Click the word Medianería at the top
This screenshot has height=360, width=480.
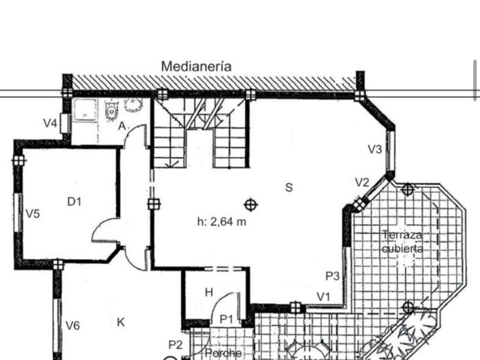[196, 67]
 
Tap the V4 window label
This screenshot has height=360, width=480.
[50, 124]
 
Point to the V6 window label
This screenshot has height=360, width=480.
[73, 326]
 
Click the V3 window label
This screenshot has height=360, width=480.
[375, 149]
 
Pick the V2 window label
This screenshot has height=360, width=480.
[362, 182]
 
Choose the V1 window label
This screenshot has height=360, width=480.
[324, 296]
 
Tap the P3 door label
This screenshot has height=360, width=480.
[333, 276]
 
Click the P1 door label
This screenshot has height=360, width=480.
[226, 319]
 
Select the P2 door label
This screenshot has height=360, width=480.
[175, 344]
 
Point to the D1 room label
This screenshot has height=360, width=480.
[74, 202]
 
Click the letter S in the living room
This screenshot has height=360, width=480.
[289, 187]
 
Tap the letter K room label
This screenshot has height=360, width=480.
[121, 323]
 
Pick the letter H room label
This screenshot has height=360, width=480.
[209, 292]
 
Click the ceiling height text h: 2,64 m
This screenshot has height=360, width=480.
[222, 221]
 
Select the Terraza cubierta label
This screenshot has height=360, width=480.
[402, 241]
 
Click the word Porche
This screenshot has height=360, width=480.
[223, 353]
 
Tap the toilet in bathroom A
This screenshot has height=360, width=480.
[111, 110]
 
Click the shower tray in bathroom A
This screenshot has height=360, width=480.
[85, 110]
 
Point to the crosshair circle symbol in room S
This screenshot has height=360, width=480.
[251, 205]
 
